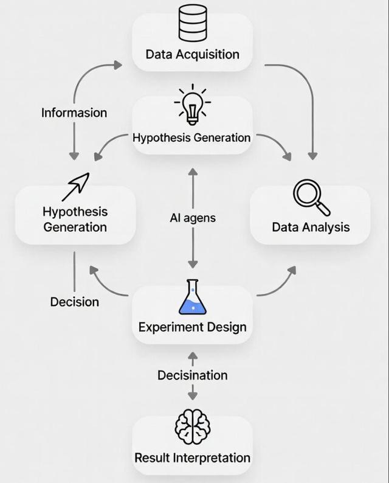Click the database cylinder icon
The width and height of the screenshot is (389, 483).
click(x=192, y=24)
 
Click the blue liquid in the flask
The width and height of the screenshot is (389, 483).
click(x=193, y=304)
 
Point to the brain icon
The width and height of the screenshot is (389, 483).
click(x=192, y=428)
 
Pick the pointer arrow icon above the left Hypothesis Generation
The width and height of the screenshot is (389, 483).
click(x=75, y=186)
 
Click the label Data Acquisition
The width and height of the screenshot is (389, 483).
click(x=192, y=55)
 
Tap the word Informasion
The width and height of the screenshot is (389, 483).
click(x=74, y=113)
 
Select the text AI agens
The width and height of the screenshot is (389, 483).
click(x=192, y=218)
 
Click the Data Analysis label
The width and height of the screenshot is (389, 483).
click(x=311, y=227)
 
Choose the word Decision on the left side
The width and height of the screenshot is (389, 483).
click(x=75, y=302)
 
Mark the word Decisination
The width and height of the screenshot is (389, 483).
click(x=193, y=375)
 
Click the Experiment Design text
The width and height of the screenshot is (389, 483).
click(x=192, y=327)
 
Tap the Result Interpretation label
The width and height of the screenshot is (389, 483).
click(x=192, y=457)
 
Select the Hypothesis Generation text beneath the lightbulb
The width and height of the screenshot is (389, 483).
click(x=191, y=137)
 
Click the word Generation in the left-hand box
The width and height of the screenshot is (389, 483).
click(x=75, y=227)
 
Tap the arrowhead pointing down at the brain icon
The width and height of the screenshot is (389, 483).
click(x=193, y=395)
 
